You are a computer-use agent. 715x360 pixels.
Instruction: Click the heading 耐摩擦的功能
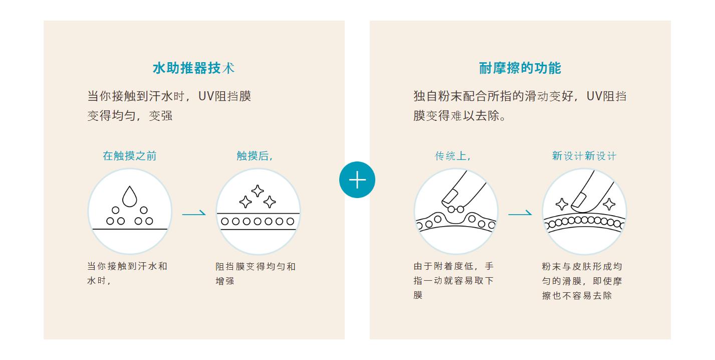(x=520, y=68)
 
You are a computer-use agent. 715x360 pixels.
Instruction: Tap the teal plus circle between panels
(x=357, y=180)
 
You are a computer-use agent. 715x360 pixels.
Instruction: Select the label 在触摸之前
(x=129, y=156)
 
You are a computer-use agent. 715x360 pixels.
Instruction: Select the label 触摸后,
(x=255, y=156)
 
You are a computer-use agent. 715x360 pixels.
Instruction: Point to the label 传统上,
(x=453, y=156)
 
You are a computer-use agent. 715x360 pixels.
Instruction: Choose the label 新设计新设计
(x=584, y=156)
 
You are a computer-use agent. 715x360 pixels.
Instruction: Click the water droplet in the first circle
(x=129, y=196)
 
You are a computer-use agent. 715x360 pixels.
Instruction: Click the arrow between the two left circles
(x=194, y=214)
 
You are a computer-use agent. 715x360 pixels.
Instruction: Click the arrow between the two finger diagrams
(x=520, y=214)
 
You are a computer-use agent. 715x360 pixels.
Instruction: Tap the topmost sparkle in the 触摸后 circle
(x=258, y=191)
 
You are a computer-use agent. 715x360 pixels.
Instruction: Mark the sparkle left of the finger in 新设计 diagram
(x=562, y=204)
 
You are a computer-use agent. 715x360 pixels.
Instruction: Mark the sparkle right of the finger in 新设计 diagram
(x=609, y=204)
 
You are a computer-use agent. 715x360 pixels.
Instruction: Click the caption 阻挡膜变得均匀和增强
(x=256, y=273)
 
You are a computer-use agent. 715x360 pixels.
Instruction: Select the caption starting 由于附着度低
(x=453, y=280)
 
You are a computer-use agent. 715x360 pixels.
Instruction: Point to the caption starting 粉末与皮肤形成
(x=582, y=280)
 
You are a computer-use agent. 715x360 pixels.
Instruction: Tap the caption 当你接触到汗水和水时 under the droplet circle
(x=127, y=273)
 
